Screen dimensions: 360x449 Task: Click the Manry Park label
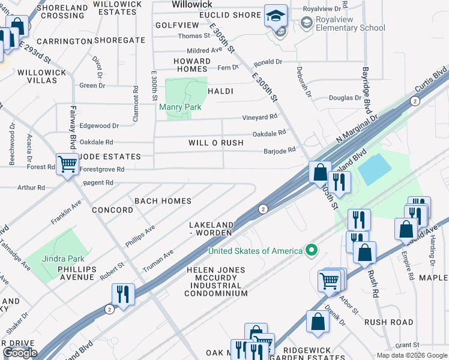(180, 107)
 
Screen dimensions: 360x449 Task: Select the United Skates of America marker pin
(310, 250)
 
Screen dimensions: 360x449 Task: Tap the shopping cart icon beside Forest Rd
(67, 163)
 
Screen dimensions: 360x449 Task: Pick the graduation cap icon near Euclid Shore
(276, 16)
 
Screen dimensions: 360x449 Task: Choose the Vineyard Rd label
(259, 117)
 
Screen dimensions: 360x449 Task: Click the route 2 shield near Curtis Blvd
(415, 101)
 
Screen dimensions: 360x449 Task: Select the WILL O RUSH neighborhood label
(215, 143)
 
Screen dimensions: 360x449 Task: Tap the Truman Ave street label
(158, 261)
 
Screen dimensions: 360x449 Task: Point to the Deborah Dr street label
(304, 81)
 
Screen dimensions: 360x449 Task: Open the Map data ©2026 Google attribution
(412, 355)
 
